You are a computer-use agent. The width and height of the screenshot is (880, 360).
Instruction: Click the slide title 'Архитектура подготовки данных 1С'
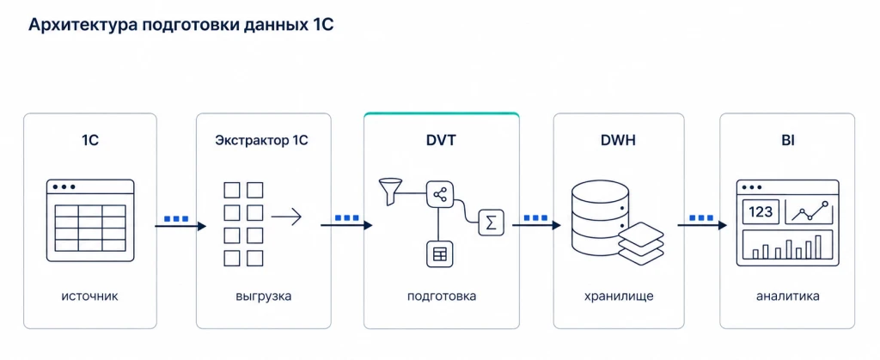pyautogui.click(x=180, y=25)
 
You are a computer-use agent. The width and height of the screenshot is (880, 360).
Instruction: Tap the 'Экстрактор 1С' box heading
pyautogui.click(x=261, y=141)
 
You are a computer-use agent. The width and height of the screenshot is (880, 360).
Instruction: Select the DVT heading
pyautogui.click(x=441, y=141)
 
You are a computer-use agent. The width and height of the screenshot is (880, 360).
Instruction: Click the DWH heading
pyautogui.click(x=618, y=141)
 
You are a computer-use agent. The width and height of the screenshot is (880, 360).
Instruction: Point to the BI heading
pyautogui.click(x=787, y=141)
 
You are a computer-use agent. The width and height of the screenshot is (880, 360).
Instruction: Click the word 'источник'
pyautogui.click(x=89, y=296)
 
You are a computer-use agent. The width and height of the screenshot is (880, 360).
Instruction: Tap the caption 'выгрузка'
pyautogui.click(x=264, y=296)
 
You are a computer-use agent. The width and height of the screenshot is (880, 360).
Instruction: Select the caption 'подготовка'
pyautogui.click(x=442, y=296)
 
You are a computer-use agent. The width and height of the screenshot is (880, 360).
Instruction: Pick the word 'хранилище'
pyautogui.click(x=619, y=296)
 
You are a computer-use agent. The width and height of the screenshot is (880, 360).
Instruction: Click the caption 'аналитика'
pyautogui.click(x=787, y=296)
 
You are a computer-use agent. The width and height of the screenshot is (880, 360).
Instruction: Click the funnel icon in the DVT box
pyautogui.click(x=389, y=192)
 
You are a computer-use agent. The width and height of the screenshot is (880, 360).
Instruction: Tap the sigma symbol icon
pyautogui.click(x=491, y=223)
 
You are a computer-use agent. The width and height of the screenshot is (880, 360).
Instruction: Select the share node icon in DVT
pyautogui.click(x=439, y=194)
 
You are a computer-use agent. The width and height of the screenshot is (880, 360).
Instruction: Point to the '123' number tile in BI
pyautogui.click(x=761, y=212)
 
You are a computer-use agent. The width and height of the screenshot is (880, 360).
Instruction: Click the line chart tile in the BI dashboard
pyautogui.click(x=809, y=212)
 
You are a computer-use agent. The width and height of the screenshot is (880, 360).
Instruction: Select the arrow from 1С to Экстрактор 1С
pyautogui.click(x=180, y=226)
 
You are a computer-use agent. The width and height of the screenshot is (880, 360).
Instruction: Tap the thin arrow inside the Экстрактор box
pyautogui.click(x=287, y=217)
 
